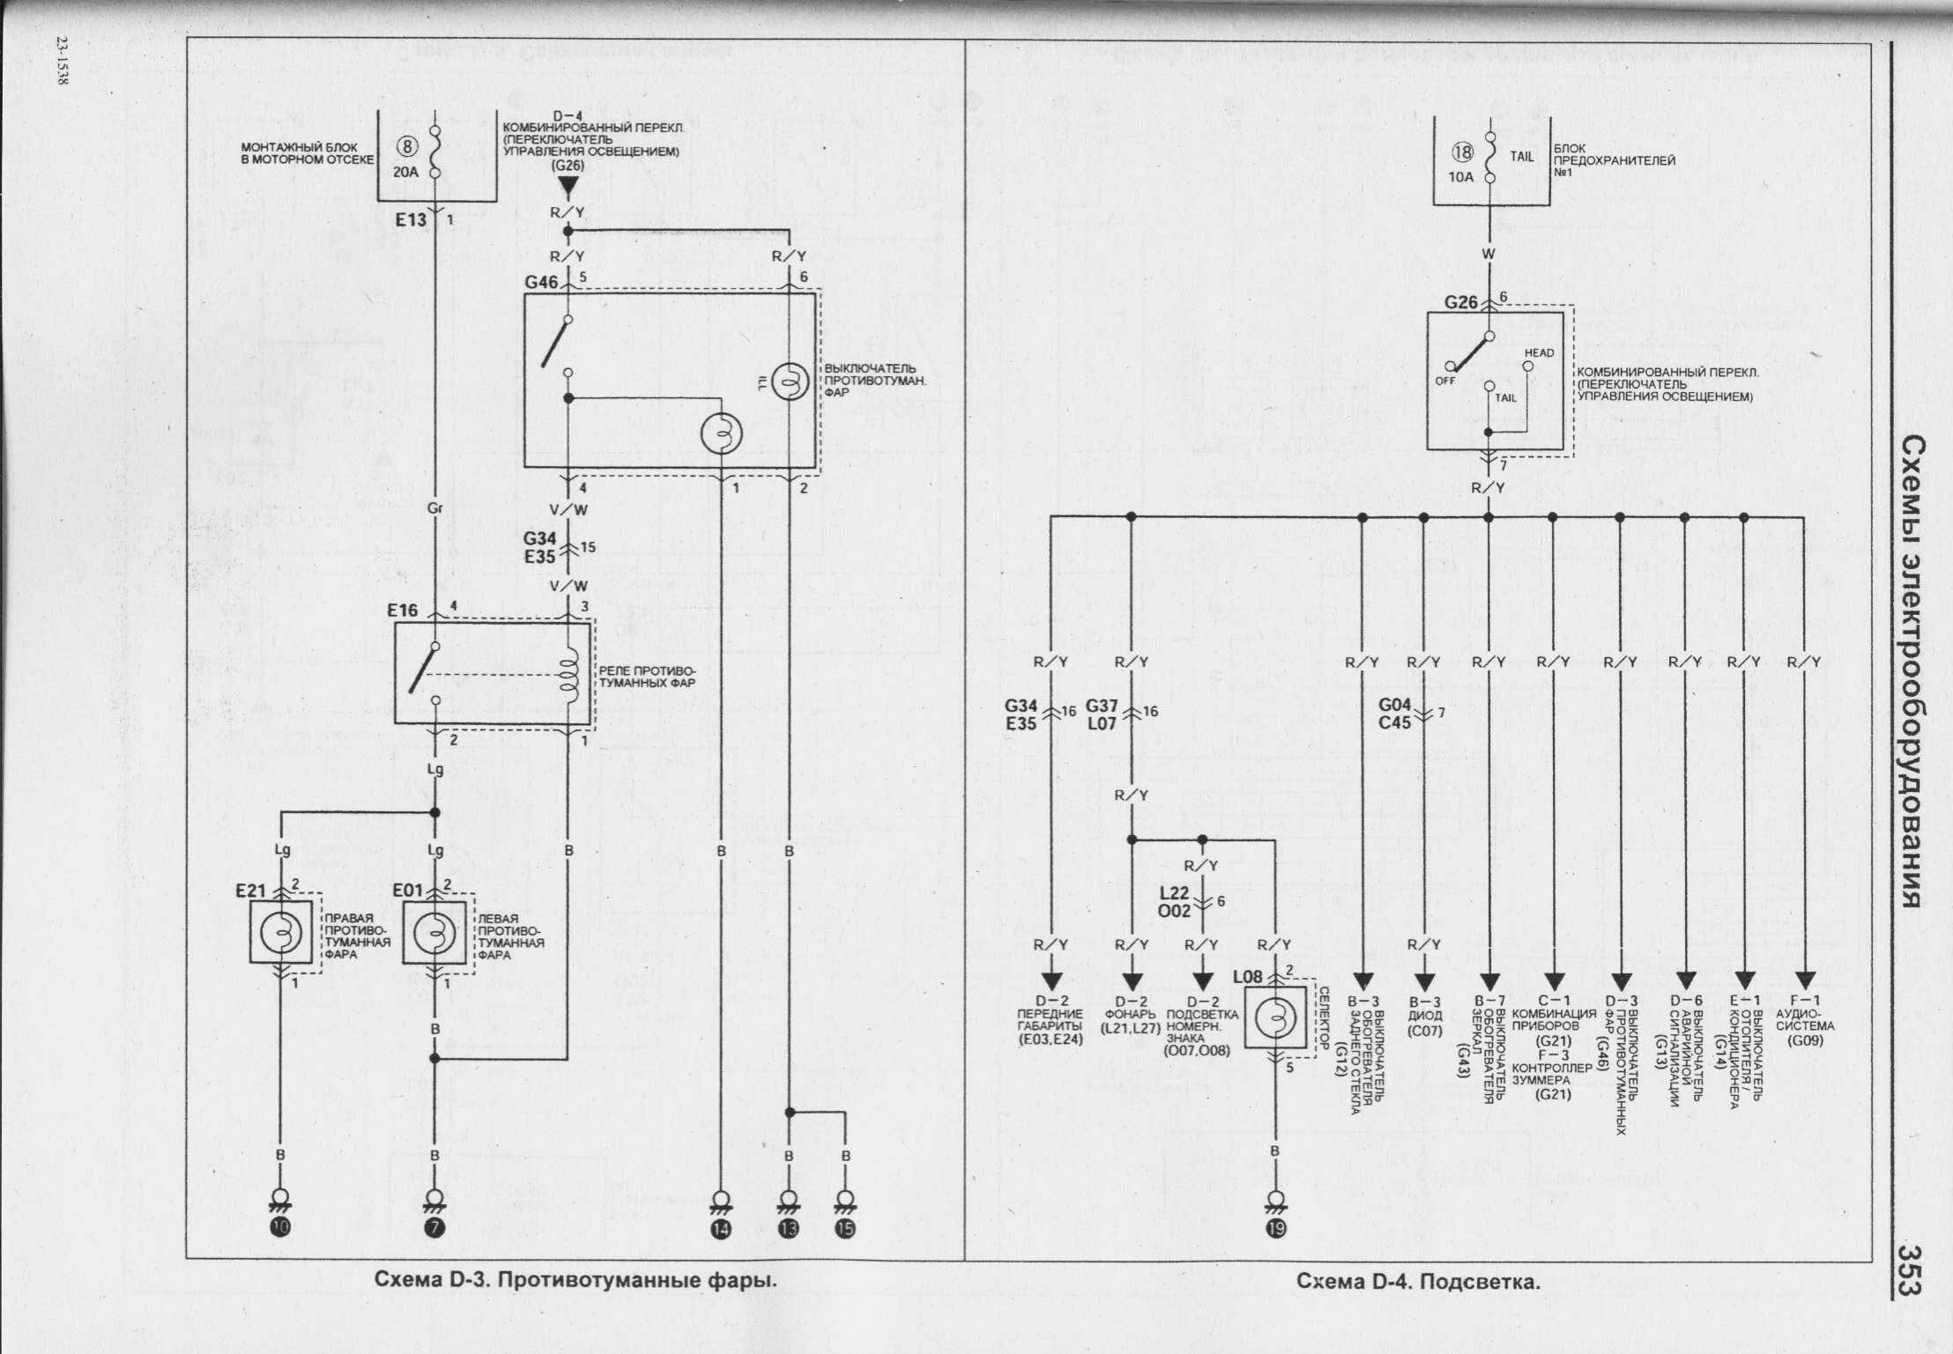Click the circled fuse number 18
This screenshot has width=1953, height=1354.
[x=1462, y=153]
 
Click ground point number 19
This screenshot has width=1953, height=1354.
[x=1274, y=1229]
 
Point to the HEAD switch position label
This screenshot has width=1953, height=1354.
[x=1539, y=353]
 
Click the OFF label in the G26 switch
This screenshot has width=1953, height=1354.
[x=1444, y=381]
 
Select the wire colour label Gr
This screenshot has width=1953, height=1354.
[x=434, y=508]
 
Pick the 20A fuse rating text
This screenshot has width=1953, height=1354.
[x=406, y=174]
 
